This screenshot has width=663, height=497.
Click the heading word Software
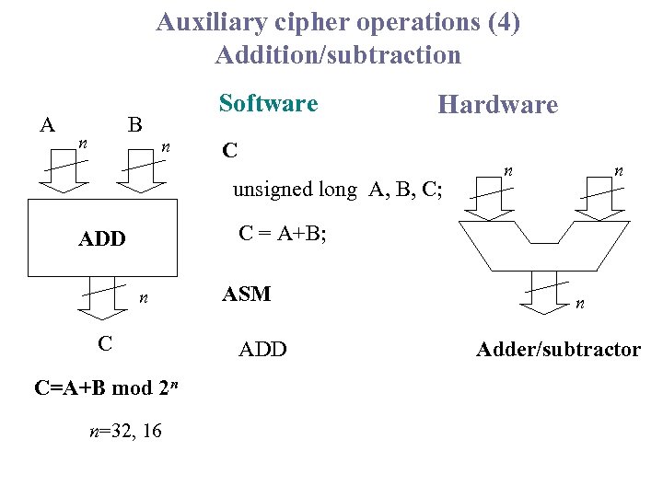[268, 103]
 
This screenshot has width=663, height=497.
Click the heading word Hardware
[497, 105]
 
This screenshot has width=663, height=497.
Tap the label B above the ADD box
[134, 124]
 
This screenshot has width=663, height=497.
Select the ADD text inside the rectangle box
[102, 239]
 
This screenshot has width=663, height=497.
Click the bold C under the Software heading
[230, 149]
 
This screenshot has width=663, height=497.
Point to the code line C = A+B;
[283, 234]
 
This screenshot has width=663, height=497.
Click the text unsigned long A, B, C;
[337, 191]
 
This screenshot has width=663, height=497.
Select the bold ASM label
[247, 295]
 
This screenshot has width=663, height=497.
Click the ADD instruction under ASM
[262, 349]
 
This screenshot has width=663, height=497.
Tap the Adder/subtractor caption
[558, 349]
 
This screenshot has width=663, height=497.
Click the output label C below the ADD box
[105, 343]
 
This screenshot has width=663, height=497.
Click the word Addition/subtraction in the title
[338, 55]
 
